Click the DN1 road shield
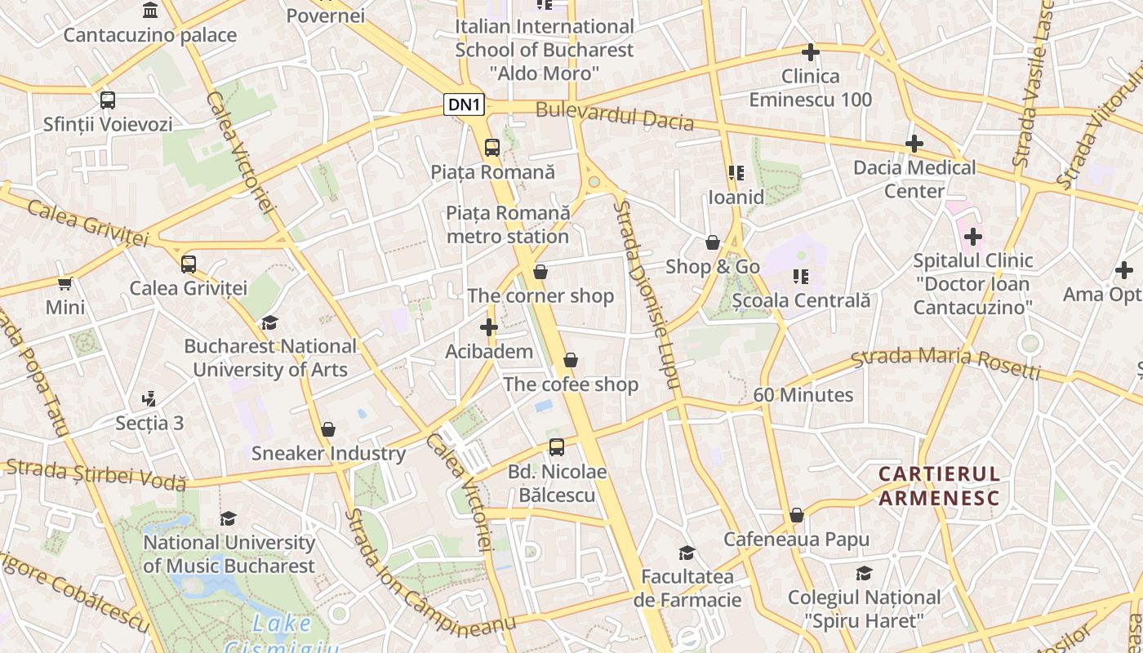coord(465,104)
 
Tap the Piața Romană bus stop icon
coord(491,148)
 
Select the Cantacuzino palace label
coord(150,35)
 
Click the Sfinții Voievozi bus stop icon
coord(107,100)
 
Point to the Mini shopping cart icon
coord(65,283)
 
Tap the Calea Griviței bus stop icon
coord(189,264)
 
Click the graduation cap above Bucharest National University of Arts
coord(269,322)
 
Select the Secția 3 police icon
coord(149,399)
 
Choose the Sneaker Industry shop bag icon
coord(328,429)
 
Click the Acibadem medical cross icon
coord(488,327)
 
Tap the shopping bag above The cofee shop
coord(571,360)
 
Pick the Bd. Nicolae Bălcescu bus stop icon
coord(557,447)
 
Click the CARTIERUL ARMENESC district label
coord(939,486)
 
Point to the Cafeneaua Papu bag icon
coord(796,516)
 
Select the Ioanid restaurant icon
coord(736,173)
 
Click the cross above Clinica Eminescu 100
coord(810,53)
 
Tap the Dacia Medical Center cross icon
coord(914,144)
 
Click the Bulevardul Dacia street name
coord(615,116)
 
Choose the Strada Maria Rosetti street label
coord(945,364)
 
